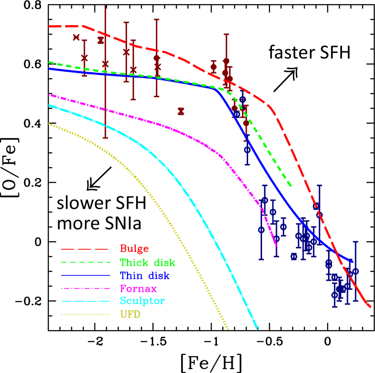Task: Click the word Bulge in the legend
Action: [134, 249]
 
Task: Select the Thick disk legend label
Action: [147, 262]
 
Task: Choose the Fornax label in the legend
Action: [138, 288]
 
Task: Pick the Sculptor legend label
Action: [142, 301]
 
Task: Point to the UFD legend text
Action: [130, 314]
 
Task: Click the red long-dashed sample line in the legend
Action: [85, 249]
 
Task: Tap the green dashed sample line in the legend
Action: [85, 262]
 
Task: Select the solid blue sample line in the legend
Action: [85, 275]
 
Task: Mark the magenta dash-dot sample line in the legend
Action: [85, 288]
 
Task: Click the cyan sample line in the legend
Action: [85, 301]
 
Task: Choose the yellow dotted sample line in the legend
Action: [85, 314]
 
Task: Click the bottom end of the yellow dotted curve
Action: [228, 329]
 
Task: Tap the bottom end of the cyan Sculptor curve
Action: [257, 328]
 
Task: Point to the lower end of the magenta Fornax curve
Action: [276, 245]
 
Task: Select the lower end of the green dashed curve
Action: [291, 185]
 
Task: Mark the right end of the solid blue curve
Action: [352, 261]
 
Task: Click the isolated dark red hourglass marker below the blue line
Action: [181, 111]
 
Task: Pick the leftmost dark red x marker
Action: [76, 37]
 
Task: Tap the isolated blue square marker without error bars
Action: [294, 256]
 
